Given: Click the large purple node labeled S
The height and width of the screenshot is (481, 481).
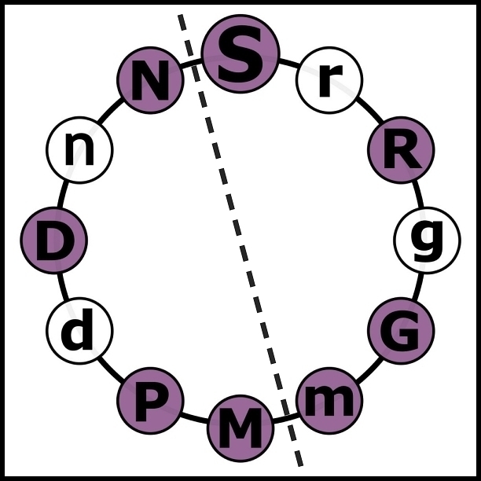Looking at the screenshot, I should tap(240, 53).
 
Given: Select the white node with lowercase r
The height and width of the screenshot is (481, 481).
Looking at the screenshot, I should tap(329, 79).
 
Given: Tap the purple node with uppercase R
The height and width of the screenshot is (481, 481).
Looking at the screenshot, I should tap(401, 149).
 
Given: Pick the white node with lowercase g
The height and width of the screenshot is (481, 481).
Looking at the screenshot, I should tap(427, 240).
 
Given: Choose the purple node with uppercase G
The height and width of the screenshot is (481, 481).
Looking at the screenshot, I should tap(401, 331).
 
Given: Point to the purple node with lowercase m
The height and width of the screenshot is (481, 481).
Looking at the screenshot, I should tap(329, 401).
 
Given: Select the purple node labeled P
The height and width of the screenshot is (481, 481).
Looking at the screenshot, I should tap(150, 401).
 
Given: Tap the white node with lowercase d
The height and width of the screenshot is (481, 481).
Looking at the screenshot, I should tap(79, 331).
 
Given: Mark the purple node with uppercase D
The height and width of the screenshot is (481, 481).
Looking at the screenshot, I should tap(53, 240).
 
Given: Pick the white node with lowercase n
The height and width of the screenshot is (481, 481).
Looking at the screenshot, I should tap(79, 149).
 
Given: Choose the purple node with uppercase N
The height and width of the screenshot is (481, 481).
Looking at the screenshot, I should tap(150, 79).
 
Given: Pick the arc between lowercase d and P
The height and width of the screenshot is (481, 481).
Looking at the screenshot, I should tap(111, 369).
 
